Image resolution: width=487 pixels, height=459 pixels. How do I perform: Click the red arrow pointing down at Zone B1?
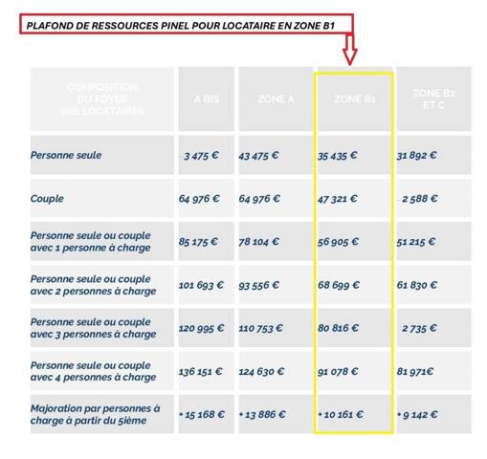tap(349, 46)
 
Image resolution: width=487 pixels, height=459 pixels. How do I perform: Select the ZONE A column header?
tap(276, 98)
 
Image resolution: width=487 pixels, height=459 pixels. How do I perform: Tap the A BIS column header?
tap(206, 98)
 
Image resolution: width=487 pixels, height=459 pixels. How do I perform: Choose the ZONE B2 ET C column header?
tap(433, 98)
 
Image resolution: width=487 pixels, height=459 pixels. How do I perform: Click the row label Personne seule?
tap(66, 155)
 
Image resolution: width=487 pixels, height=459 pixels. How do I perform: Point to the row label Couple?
tap(48, 199)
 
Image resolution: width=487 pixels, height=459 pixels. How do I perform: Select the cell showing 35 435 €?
tap(338, 155)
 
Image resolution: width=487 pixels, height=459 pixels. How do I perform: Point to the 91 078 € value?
tap(338, 371)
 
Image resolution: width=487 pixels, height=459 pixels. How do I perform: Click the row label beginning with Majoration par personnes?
tap(95, 415)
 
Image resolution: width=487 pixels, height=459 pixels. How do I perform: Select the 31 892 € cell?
tap(417, 155)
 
